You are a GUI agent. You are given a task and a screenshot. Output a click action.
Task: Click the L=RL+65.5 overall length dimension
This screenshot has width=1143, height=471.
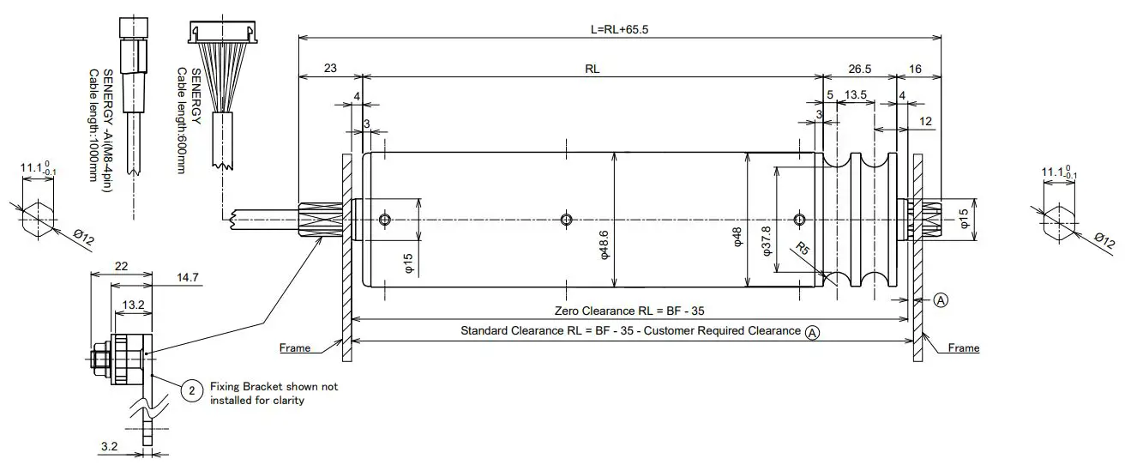[x=618, y=28]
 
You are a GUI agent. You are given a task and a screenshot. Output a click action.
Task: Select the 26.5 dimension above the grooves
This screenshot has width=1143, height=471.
[x=860, y=69]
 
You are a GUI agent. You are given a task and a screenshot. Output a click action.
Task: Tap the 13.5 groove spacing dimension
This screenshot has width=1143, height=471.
[x=855, y=94]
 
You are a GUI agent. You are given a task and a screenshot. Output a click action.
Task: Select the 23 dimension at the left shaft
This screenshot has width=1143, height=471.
[x=330, y=69]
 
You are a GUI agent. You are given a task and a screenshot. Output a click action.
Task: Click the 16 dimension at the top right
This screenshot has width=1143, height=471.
[x=916, y=69]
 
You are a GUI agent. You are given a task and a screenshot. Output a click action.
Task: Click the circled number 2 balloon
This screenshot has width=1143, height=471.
[x=192, y=391]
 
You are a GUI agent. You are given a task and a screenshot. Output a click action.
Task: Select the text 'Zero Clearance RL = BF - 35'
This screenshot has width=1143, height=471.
[x=630, y=311]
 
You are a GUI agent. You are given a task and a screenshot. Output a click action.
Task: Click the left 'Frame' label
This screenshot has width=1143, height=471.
[x=295, y=348]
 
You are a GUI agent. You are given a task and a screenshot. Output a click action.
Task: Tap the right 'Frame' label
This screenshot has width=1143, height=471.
[x=963, y=348]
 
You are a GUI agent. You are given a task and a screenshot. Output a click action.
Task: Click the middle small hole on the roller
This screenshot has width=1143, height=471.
[x=565, y=220]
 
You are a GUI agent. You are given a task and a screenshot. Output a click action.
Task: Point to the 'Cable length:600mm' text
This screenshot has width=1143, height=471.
[x=181, y=120]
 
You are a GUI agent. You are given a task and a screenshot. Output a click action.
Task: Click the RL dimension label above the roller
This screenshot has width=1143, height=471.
[x=592, y=69]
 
